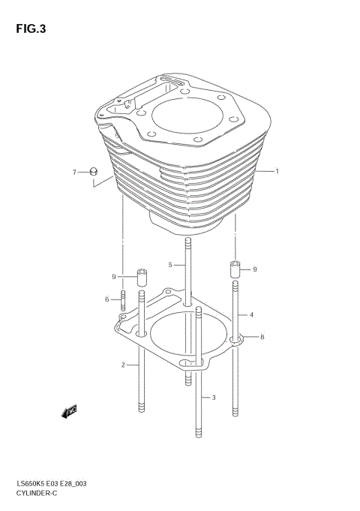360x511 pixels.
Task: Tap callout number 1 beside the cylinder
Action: point(277,172)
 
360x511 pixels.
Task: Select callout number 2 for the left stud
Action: point(122,365)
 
